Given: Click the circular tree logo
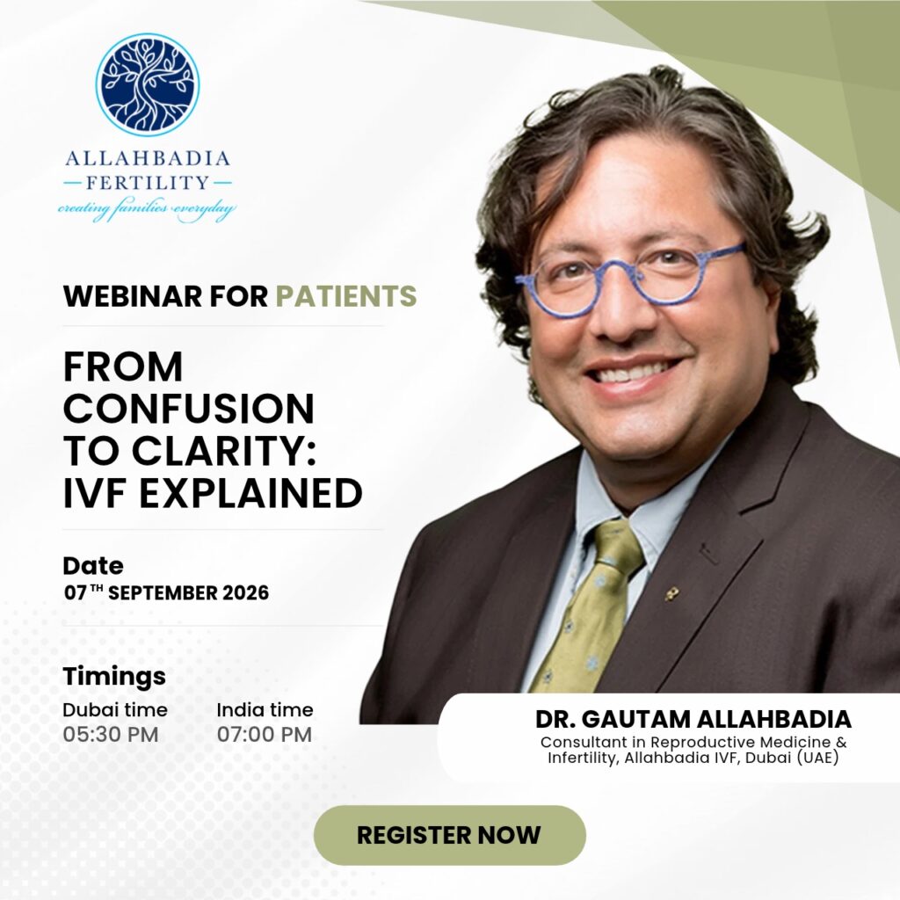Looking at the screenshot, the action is coord(148,84).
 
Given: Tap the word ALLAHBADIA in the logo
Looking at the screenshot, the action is coord(148,158).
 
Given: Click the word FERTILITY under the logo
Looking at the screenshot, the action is coord(148,183).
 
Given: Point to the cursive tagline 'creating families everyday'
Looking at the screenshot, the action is coord(147,209).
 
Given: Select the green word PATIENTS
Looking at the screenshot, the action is coord(346,296).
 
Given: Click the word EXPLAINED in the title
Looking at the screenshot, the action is coord(250,493).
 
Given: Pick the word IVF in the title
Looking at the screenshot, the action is coord(97,493).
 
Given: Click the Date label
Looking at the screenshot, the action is coord(93,566).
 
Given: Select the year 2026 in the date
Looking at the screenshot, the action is coord(246,593).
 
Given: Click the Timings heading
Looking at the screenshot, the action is coord(114,677).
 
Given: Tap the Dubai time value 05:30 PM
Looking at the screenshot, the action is coord(110,735).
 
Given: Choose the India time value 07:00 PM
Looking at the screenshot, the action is coord(265,735).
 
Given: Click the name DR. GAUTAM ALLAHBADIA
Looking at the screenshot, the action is coord(693,719).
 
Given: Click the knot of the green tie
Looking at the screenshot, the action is coord(618,543).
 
